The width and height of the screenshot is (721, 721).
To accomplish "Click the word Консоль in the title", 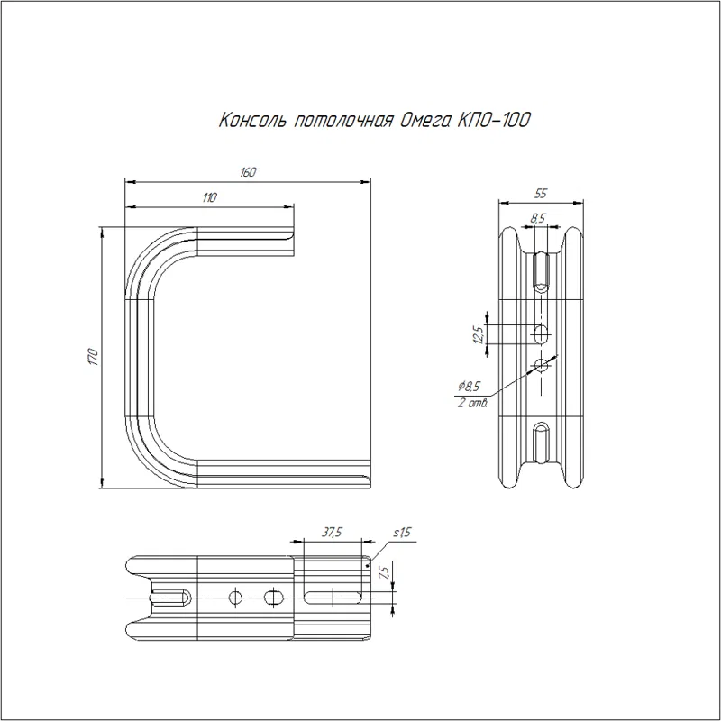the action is pyautogui.click(x=252, y=120).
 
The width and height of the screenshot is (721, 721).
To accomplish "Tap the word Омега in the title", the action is pyautogui.click(x=423, y=121).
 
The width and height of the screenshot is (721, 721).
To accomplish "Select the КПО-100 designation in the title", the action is pyautogui.click(x=493, y=120).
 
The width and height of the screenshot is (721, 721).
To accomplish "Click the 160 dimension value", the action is pyautogui.click(x=248, y=172).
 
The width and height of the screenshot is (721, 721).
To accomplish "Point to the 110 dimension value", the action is pyautogui.click(x=209, y=197).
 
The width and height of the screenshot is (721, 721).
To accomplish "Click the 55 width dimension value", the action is pyautogui.click(x=541, y=194).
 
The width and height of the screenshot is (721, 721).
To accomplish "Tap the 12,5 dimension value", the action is pyautogui.click(x=479, y=334).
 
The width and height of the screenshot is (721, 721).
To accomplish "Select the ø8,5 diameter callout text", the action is pyautogui.click(x=470, y=386).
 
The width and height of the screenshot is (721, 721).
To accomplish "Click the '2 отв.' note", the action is pyautogui.click(x=472, y=403).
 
